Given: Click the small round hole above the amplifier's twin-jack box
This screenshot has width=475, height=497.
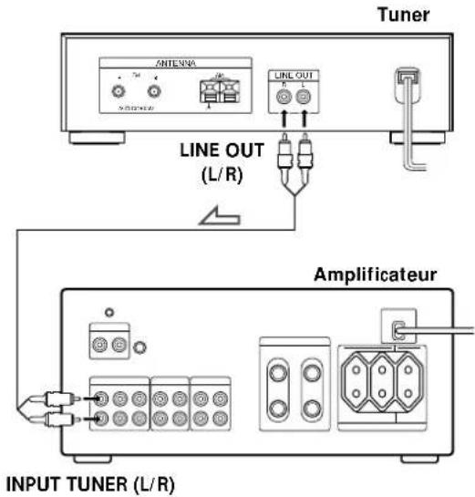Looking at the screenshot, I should (x=108, y=312).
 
